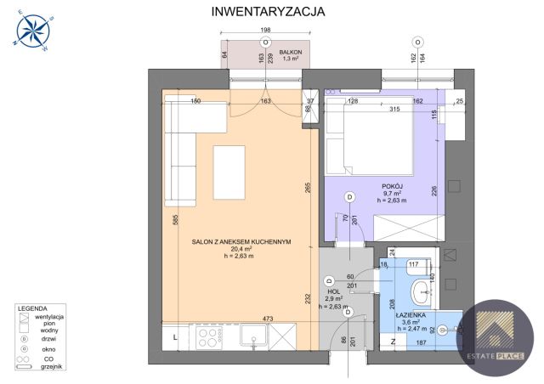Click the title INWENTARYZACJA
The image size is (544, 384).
coord(267,12)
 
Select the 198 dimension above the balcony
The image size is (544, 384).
coord(265,31)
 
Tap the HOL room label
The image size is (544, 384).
coord(334,291)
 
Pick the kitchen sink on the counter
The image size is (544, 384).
coord(252,338)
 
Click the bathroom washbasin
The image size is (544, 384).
coord(422,293)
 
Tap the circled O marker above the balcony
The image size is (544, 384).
coord(265,41)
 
